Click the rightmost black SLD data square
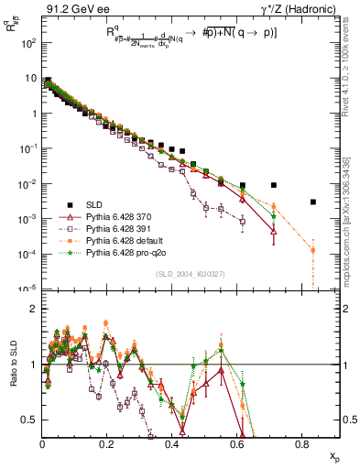pyautogui.click(x=313, y=202)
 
